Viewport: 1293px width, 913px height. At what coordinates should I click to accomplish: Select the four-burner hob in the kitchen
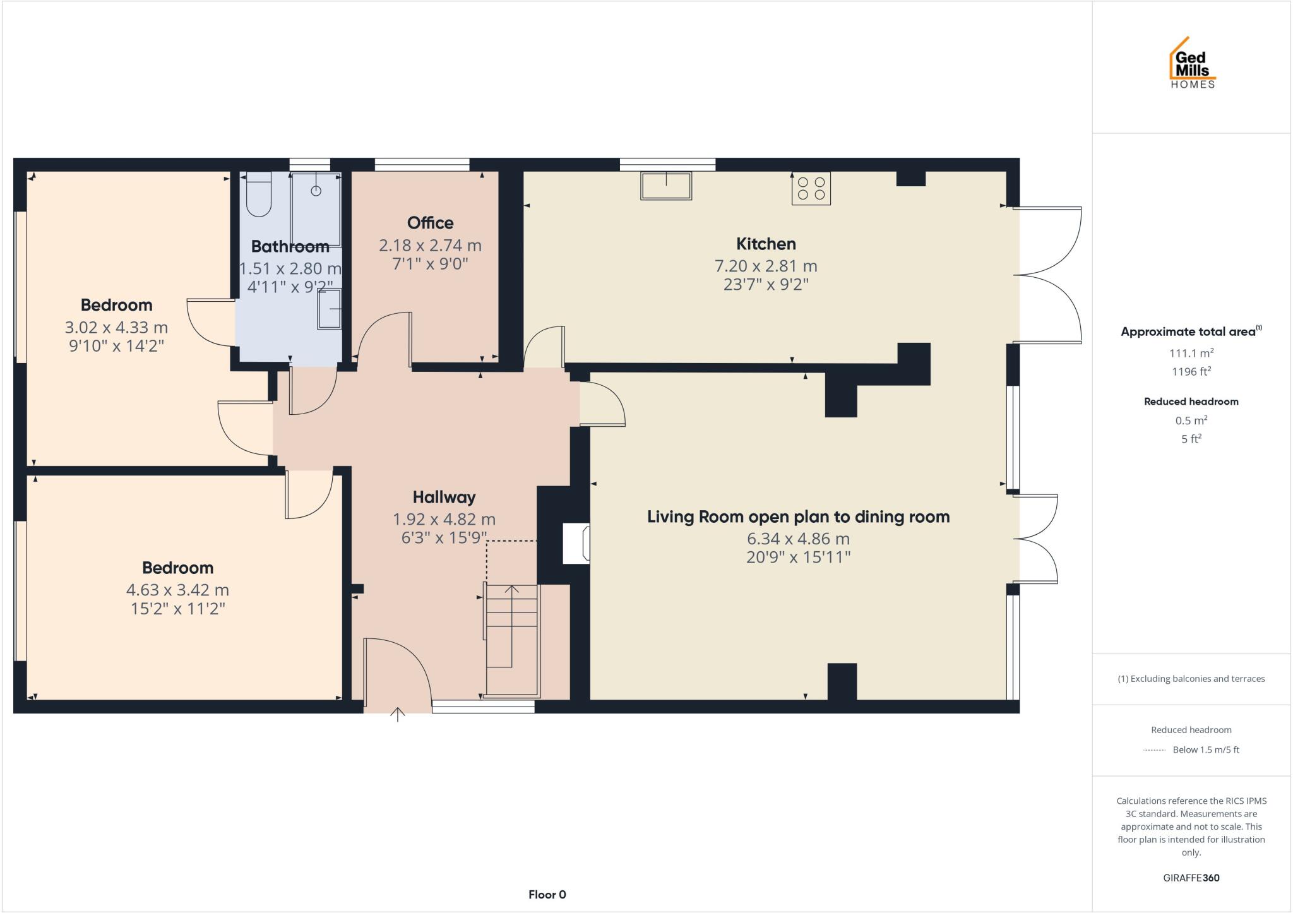tap(811, 188)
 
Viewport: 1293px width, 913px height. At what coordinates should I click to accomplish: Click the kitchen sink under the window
tap(665, 186)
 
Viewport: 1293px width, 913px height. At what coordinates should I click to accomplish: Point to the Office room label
tap(430, 223)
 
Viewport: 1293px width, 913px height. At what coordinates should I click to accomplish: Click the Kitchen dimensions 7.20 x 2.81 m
tap(765, 266)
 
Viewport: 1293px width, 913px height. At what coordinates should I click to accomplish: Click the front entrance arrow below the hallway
tap(398, 715)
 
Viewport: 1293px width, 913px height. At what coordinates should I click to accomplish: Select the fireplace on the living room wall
tap(576, 543)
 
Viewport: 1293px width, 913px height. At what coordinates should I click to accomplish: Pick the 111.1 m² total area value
tap(1191, 353)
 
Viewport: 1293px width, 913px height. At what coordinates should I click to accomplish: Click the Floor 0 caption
tap(547, 894)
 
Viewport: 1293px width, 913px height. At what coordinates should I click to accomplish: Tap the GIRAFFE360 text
tap(1191, 878)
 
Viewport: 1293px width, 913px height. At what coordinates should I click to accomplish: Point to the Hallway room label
tap(444, 498)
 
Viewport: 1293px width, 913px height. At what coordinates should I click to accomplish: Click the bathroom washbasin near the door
tap(329, 309)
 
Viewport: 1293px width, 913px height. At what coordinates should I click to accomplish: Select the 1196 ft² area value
tap(1191, 371)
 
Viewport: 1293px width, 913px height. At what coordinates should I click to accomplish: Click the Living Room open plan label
tap(798, 517)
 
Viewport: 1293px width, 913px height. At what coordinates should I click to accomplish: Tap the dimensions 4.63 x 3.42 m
tap(177, 590)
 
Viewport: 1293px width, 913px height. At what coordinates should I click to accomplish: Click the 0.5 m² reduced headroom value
tap(1191, 421)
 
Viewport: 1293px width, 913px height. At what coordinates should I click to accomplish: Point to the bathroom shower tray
tap(316, 208)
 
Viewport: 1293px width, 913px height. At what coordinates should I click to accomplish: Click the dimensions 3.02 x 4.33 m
tap(116, 328)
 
